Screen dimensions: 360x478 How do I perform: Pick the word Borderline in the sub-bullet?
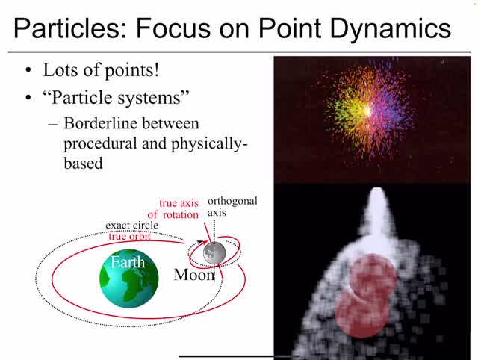(100, 122)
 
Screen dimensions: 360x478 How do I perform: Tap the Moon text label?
(194, 275)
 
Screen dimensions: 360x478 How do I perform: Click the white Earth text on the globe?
(128, 262)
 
